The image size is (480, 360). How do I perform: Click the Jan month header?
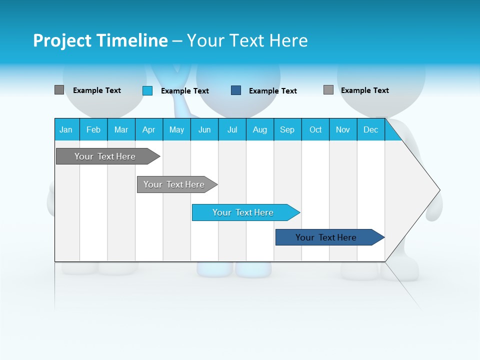(66, 129)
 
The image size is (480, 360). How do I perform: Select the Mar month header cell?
(121, 129)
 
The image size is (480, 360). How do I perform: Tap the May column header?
(176, 129)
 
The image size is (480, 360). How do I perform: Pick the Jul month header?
(232, 129)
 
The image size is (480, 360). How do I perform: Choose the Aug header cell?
(260, 129)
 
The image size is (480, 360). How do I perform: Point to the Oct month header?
(315, 129)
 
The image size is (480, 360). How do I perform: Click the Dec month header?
(370, 129)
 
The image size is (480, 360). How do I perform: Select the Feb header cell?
(93, 129)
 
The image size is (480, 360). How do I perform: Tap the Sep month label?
(287, 129)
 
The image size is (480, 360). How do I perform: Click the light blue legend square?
(147, 90)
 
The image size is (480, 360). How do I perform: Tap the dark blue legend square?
(236, 90)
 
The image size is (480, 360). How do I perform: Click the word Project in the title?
(61, 40)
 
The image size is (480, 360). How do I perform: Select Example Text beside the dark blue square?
(273, 91)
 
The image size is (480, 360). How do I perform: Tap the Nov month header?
(343, 129)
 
